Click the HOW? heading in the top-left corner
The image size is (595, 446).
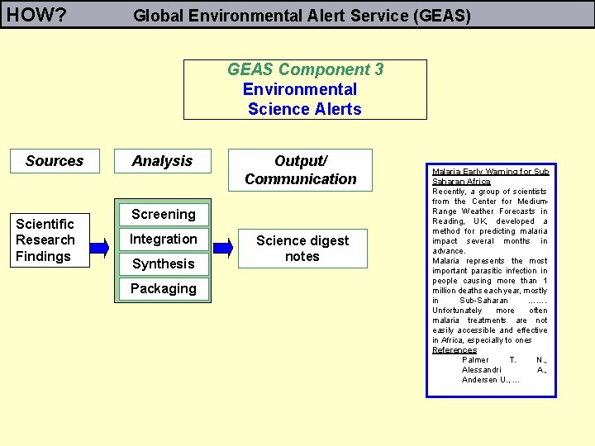pos(37,14)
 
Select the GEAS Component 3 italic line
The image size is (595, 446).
pos(305,70)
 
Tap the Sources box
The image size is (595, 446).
pos(55,161)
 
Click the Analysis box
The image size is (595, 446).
pos(163,161)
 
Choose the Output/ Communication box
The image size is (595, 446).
pos(301,169)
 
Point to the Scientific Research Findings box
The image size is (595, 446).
pos(45,240)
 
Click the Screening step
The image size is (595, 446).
pos(164,215)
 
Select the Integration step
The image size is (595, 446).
pos(164,240)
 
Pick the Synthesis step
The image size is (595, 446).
pos(164,264)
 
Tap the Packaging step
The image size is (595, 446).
pos(164,289)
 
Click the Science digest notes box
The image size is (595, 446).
pos(302,248)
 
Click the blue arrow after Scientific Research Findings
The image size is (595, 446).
pos(98,247)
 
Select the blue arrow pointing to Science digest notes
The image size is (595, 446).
pos(222,247)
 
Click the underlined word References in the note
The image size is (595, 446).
pos(455,350)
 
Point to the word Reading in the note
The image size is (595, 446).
pos(449,221)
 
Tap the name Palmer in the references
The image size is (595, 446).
pos(475,360)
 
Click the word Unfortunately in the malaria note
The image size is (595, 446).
pos(457,311)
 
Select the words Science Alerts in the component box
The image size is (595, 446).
pos(304,109)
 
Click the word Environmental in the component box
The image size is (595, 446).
pos(300,89)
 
